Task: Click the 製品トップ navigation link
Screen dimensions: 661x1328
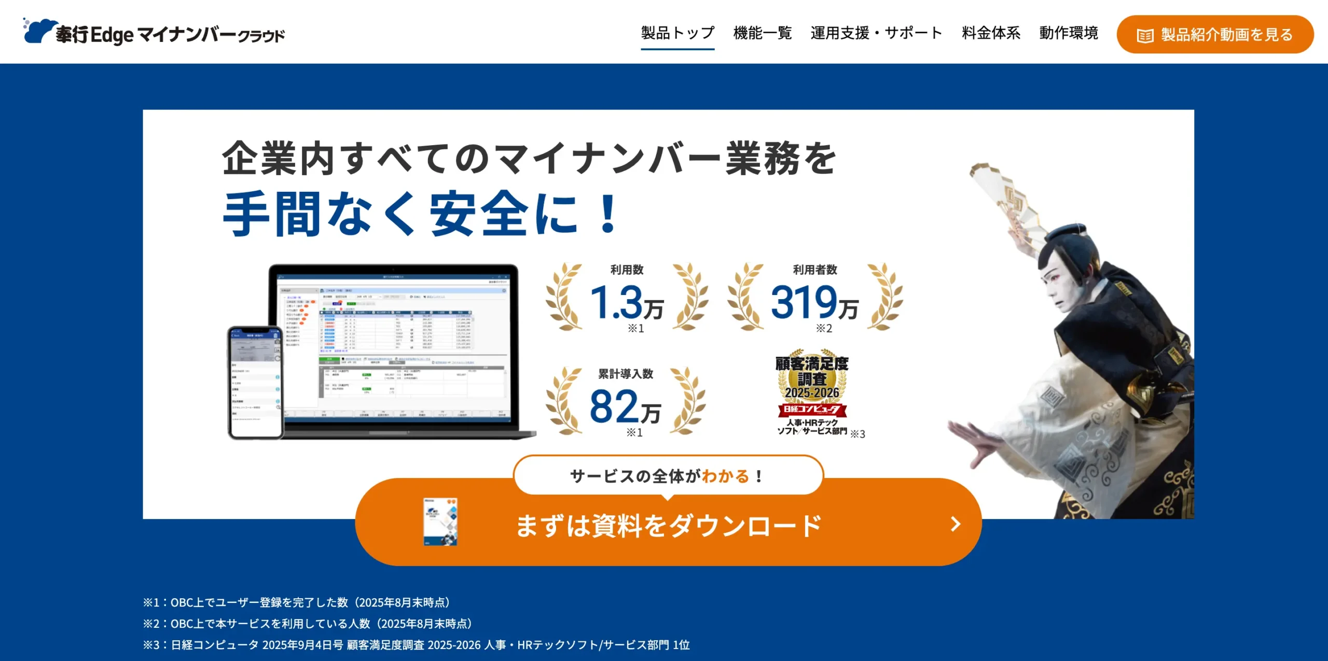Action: (x=677, y=33)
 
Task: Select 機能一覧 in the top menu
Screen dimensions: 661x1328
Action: (x=762, y=33)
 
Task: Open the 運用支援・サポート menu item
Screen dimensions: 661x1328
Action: (x=876, y=33)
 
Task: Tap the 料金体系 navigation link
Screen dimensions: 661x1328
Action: (x=991, y=33)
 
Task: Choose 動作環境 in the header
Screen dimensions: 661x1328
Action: (x=1069, y=33)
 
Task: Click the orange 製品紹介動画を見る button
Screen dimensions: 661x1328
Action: (x=1215, y=35)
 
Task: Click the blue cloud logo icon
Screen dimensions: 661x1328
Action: (x=39, y=31)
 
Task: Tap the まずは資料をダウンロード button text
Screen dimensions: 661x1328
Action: (x=668, y=526)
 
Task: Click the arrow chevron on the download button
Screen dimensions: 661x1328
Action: (x=956, y=524)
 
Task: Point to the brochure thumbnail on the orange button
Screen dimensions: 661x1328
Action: (x=440, y=522)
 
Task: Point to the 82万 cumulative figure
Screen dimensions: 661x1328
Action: (x=625, y=406)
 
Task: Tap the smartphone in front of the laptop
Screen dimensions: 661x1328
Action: (x=256, y=383)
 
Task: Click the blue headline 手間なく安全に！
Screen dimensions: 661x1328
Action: (x=420, y=214)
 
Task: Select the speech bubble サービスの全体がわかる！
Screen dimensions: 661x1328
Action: (x=668, y=476)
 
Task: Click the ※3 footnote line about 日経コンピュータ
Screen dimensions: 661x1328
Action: (x=416, y=645)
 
